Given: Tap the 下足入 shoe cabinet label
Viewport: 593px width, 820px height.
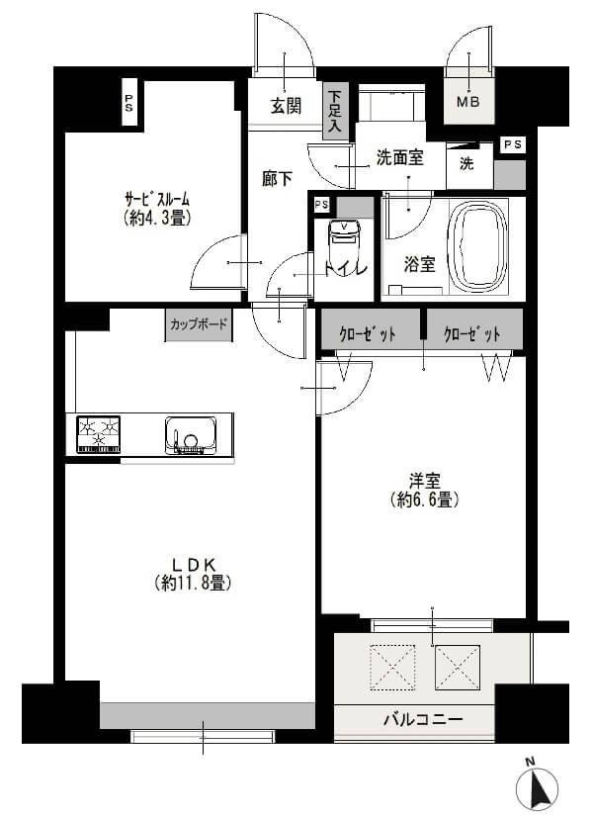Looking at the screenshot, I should point(335,111).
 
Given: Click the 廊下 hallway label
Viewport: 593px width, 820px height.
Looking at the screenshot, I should point(277,179).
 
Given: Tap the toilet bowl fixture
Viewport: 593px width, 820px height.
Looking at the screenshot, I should point(343,237).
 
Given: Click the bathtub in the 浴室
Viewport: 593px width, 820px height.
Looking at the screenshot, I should point(478,249).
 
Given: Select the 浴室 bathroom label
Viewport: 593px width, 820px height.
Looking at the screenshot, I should point(420,265).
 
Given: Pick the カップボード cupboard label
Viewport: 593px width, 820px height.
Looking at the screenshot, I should point(199,323).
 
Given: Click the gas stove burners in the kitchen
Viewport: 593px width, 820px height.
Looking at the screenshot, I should point(99,433).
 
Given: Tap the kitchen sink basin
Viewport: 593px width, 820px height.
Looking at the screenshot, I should point(191,434).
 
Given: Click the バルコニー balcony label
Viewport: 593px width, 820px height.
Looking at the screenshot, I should point(422,718).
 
